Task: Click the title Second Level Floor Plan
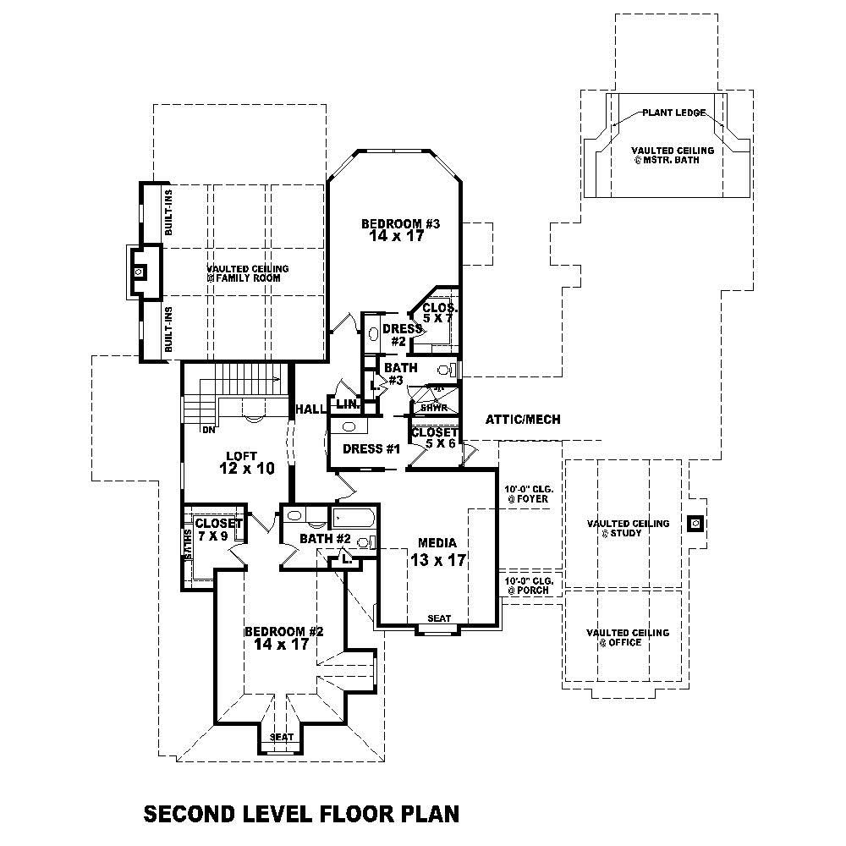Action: [301, 814]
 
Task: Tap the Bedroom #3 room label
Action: [396, 224]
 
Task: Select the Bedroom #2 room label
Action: [284, 632]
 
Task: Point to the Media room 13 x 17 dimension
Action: [439, 560]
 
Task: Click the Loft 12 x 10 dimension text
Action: [235, 468]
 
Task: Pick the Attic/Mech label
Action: [523, 420]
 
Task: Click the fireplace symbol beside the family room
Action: [141, 272]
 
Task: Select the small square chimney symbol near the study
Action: [695, 524]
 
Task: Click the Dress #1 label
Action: [371, 449]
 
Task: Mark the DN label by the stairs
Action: [206, 430]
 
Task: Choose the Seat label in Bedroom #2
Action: [282, 737]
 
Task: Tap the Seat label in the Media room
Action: [439, 618]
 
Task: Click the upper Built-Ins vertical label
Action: [169, 211]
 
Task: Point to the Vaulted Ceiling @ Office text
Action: [627, 638]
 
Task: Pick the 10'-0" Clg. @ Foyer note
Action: [526, 494]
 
